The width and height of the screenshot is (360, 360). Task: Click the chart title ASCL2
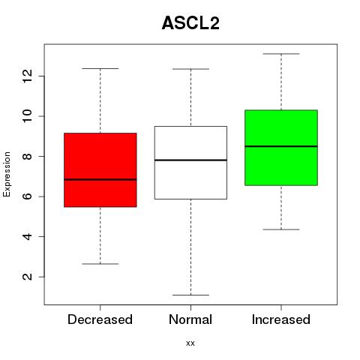click(190, 23)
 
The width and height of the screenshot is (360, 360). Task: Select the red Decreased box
click(100, 170)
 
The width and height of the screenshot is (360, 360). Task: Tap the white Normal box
click(190, 163)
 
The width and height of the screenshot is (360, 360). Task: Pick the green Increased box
click(281, 148)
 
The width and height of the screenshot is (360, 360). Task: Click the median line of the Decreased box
click(100, 179)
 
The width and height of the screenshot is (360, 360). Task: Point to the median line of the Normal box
click(190, 160)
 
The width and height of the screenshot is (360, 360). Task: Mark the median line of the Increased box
click(281, 146)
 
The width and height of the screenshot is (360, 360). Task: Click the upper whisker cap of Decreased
click(100, 68)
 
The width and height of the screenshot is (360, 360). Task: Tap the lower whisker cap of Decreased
click(100, 264)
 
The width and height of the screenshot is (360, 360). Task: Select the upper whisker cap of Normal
click(190, 69)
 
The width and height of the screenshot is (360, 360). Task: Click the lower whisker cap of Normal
click(190, 295)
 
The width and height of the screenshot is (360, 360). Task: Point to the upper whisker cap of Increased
click(281, 54)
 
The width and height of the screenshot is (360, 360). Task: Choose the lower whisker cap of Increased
click(281, 229)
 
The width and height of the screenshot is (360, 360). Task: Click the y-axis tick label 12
click(27, 76)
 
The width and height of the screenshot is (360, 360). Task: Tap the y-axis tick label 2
click(27, 277)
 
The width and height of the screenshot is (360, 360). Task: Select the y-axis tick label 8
click(27, 156)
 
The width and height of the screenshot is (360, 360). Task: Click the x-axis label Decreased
click(100, 319)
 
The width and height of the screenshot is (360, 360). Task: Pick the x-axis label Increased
click(281, 319)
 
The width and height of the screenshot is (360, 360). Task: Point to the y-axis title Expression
click(7, 174)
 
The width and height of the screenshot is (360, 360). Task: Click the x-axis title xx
click(190, 343)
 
